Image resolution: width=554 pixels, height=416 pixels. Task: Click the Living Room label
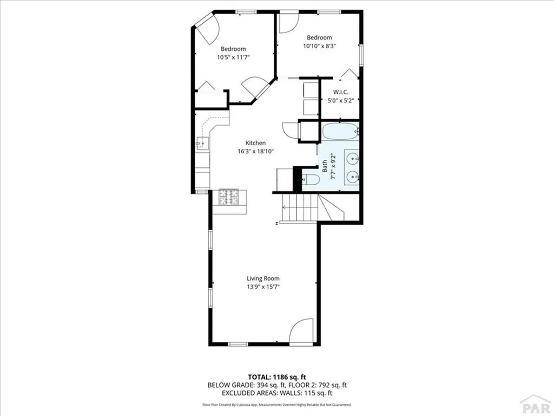(263, 278)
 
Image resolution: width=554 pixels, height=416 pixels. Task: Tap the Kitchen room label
(255, 143)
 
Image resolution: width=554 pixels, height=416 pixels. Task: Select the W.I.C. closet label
(340, 92)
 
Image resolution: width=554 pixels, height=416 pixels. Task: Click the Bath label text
(325, 167)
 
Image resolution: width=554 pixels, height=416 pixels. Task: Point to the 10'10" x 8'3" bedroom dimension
(319, 46)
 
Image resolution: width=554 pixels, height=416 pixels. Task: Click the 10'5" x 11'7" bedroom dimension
(233, 57)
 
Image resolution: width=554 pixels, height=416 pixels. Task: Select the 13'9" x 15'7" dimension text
(263, 287)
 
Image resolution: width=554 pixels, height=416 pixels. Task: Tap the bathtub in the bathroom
(340, 131)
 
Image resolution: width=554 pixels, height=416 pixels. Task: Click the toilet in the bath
(311, 180)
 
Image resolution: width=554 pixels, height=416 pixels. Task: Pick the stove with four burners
(229, 197)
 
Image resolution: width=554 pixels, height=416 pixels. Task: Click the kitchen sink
(201, 144)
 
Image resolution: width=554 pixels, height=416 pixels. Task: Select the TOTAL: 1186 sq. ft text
(277, 376)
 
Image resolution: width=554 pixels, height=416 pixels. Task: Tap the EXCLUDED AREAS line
(277, 393)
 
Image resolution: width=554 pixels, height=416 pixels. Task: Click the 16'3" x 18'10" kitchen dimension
(255, 152)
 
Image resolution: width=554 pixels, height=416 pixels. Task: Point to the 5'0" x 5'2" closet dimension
(340, 100)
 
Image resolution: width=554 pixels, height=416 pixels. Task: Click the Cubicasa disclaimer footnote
(277, 405)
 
